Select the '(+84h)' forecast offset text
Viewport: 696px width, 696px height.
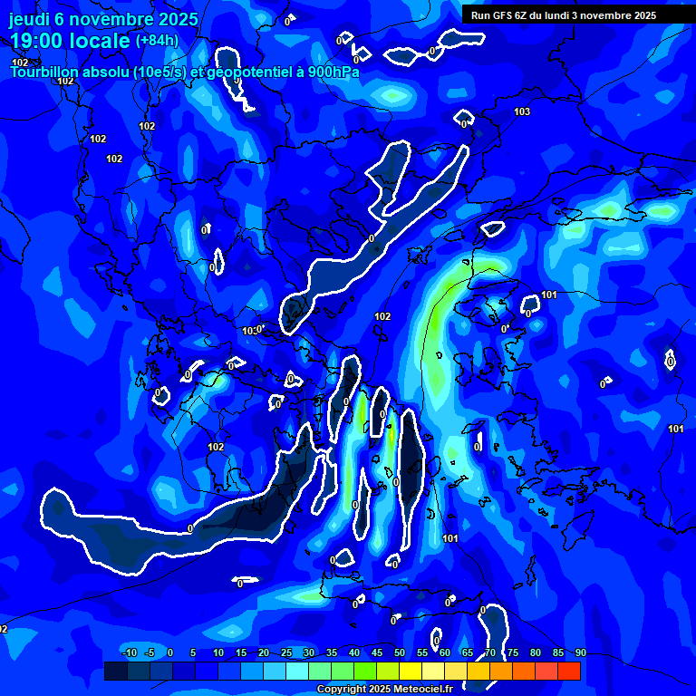[x=157, y=40]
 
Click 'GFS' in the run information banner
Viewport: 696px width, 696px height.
[x=504, y=15]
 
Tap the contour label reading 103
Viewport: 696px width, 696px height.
[x=522, y=111]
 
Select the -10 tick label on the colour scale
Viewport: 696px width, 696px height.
[x=129, y=652]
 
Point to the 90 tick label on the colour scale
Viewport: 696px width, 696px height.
[x=580, y=652]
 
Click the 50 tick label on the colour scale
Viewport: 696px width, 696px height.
[x=399, y=652]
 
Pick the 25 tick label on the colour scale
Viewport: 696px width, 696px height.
[x=285, y=652]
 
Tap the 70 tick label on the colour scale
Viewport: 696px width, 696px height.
[x=489, y=652]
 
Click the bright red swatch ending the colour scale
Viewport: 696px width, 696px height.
[x=569, y=671]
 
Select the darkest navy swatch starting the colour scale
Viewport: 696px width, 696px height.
[x=116, y=671]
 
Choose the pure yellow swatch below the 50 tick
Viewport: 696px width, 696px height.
[x=411, y=671]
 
